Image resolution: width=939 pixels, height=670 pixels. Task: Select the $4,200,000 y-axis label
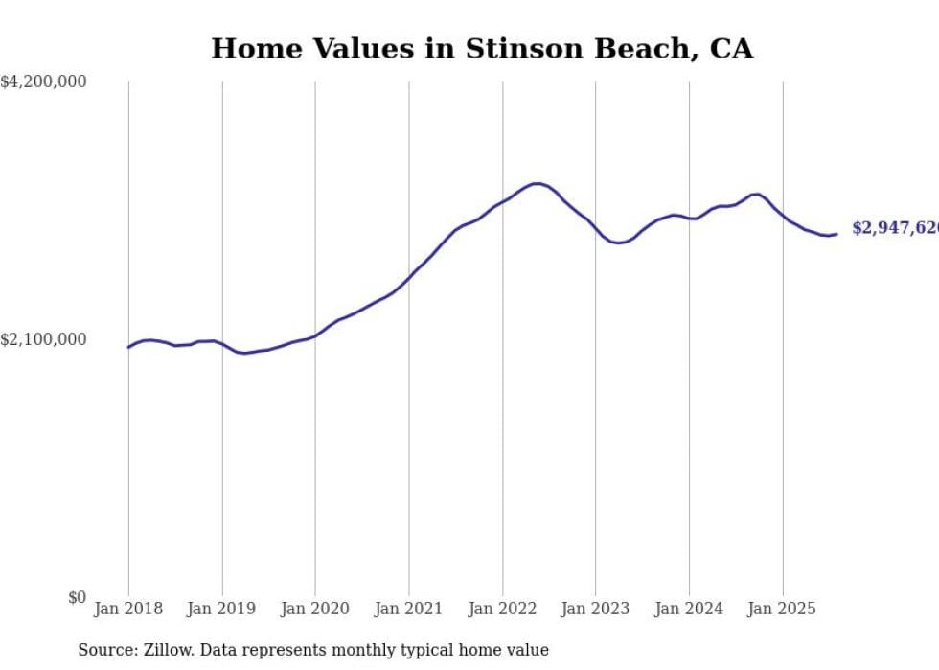tap(43, 82)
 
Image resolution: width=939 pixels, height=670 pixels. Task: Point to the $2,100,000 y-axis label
tap(43, 339)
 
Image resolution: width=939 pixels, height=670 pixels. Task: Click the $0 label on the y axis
tap(77, 597)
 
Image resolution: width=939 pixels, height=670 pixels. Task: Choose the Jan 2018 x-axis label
tap(128, 609)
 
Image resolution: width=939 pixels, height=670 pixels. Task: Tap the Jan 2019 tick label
tap(222, 609)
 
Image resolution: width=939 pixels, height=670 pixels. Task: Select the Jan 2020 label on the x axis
tap(315, 609)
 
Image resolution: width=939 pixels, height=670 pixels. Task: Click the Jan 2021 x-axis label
tap(409, 609)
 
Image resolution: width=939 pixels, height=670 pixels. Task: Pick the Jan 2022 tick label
tap(502, 609)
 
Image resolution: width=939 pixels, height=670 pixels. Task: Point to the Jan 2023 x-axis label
tap(595, 609)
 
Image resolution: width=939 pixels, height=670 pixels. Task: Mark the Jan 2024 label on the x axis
tap(689, 609)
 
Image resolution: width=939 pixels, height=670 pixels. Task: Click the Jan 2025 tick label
tap(782, 609)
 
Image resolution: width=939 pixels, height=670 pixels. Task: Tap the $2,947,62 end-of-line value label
tap(895, 228)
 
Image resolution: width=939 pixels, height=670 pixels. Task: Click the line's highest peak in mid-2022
tap(537, 183)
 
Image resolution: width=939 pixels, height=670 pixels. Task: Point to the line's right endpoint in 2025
tap(836, 234)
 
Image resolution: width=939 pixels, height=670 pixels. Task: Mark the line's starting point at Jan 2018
tap(128, 347)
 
